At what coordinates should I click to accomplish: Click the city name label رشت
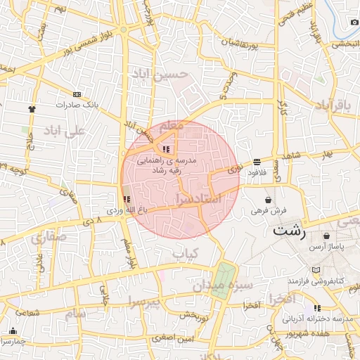[290, 230]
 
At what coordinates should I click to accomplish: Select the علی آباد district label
[64, 131]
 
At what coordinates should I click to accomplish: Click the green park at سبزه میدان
[225, 279]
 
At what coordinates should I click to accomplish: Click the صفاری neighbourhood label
[49, 238]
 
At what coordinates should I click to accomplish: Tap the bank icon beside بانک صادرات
[77, 94]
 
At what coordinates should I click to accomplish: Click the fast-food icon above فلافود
[257, 161]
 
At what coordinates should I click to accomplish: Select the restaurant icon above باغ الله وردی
[127, 200]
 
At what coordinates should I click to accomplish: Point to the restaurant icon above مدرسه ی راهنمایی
[166, 149]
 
